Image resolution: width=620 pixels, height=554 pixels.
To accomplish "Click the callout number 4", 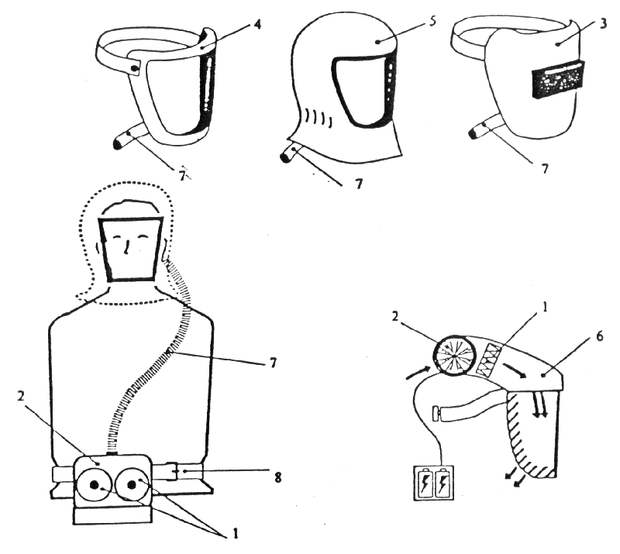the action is coord(257,24).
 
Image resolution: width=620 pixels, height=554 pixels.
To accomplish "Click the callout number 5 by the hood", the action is coord(432,20).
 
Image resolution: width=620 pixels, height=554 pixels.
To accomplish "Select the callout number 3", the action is coord(603,23).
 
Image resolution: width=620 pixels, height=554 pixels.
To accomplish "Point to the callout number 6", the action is coord(599,336).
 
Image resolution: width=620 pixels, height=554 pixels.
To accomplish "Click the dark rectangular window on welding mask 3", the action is coord(558,81).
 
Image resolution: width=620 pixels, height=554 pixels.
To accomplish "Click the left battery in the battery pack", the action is coord(425,483).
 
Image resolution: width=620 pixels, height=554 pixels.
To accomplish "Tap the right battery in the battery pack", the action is coord(443,483).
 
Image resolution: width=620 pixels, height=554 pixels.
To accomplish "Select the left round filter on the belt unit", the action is coord(94,486).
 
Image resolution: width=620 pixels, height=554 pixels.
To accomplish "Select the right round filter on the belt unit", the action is coord(132,485).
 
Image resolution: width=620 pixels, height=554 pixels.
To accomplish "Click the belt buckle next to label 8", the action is coord(172,470).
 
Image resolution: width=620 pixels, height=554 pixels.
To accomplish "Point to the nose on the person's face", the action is coord(126,247).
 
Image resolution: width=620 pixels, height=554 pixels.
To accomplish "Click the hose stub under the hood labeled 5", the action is coord(291,155).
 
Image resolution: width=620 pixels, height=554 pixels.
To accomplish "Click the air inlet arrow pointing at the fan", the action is coord(418,373).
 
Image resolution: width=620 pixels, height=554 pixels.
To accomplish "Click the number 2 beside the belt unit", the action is coord(22,396).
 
